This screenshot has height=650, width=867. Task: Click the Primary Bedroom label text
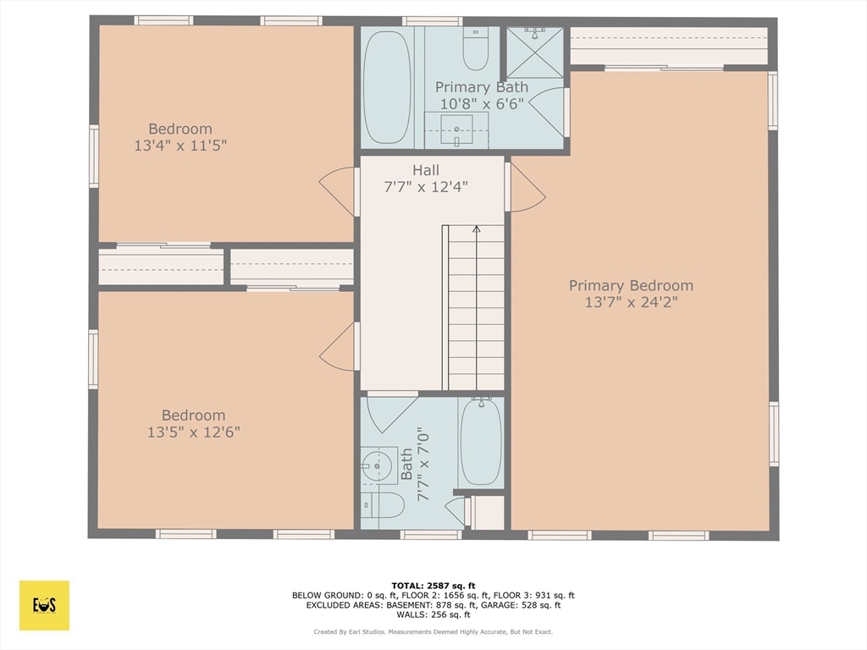631,286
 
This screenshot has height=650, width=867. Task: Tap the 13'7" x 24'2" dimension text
631,302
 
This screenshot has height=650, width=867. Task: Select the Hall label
426,170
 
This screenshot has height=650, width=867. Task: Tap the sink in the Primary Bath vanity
457,129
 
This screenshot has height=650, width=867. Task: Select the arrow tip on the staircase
476,229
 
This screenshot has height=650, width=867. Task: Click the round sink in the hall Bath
373,464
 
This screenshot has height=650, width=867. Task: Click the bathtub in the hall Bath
481,443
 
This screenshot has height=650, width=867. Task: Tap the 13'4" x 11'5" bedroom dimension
180,146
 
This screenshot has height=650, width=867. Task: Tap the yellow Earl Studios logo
44,605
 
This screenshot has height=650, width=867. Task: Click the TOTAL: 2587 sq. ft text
433,586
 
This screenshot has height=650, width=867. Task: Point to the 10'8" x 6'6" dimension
482,103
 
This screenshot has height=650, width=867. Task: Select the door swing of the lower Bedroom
339,347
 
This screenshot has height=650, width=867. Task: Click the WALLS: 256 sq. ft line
433,614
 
